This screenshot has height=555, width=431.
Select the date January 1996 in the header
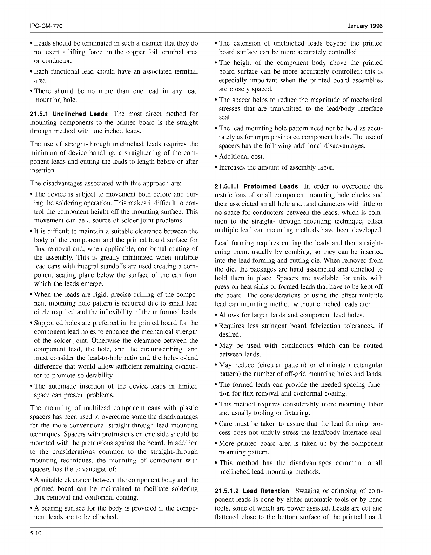click(365, 26)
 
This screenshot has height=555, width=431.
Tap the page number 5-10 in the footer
click(36, 534)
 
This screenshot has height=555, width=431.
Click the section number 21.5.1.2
click(227, 491)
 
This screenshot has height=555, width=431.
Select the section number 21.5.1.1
click(227, 187)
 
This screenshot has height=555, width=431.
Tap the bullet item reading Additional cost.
click(242, 157)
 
